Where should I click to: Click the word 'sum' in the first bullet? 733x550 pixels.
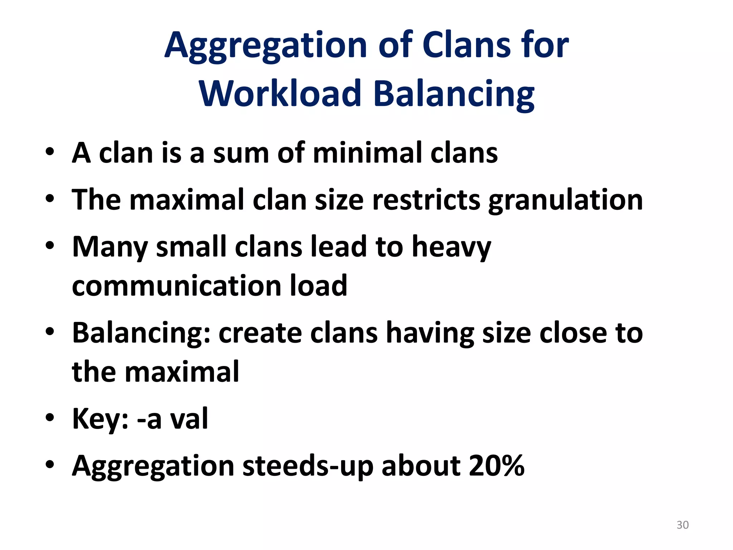click(x=241, y=153)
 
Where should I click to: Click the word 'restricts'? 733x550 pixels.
click(x=426, y=200)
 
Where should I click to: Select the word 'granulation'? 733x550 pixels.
click(x=565, y=201)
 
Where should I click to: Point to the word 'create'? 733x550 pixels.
click(x=260, y=333)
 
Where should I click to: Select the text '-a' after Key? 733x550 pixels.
click(x=149, y=419)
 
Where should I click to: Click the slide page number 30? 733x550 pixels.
click(x=683, y=525)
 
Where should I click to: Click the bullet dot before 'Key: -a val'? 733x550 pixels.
click(x=50, y=418)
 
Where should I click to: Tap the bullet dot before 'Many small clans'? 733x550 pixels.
click(x=50, y=246)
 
